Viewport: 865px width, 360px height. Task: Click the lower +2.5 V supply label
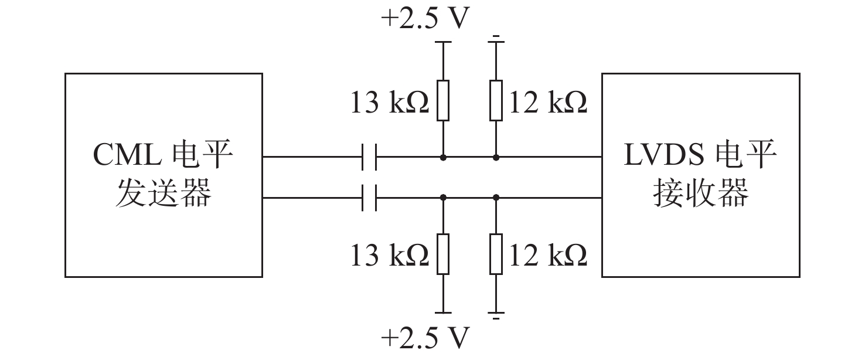pyautogui.click(x=425, y=337)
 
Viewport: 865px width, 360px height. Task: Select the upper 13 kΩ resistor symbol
pyautogui.click(x=443, y=100)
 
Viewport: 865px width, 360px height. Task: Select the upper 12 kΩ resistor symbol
pyautogui.click(x=496, y=100)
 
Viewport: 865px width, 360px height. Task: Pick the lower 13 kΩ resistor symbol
pyautogui.click(x=443, y=254)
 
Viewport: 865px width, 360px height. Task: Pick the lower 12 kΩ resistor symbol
pyautogui.click(x=496, y=254)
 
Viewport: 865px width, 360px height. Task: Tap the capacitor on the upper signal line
pyautogui.click(x=369, y=157)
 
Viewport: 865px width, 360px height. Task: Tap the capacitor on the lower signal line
pyautogui.click(x=369, y=198)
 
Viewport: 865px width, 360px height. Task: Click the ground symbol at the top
pyautogui.click(x=496, y=39)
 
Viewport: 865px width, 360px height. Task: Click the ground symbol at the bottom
pyautogui.click(x=496, y=315)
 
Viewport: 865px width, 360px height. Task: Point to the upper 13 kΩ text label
pyautogui.click(x=390, y=103)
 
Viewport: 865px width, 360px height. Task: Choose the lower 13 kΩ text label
pyautogui.click(x=390, y=255)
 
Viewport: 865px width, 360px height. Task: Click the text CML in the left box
pyautogui.click(x=127, y=155)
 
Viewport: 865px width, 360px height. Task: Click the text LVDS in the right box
pyautogui.click(x=664, y=155)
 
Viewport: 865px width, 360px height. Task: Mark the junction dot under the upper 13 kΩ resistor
pyautogui.click(x=443, y=158)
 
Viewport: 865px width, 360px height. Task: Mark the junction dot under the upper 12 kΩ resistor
pyautogui.click(x=496, y=158)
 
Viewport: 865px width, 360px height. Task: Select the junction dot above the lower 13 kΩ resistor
pyautogui.click(x=443, y=198)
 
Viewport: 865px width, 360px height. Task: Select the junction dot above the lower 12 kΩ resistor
pyautogui.click(x=496, y=198)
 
